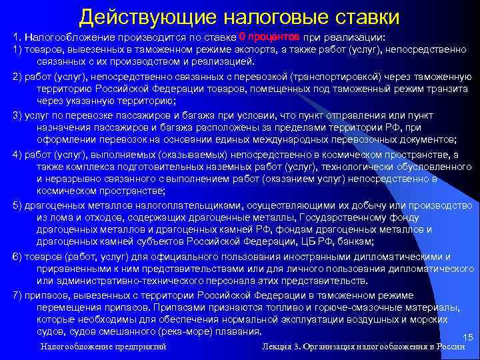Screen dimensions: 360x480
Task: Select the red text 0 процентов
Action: pyautogui.click(x=269, y=36)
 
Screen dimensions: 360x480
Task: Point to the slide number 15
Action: pyautogui.click(x=467, y=337)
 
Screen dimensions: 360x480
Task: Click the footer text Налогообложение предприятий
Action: pyautogui.click(x=103, y=347)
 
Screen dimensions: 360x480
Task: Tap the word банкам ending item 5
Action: pyautogui.click(x=356, y=242)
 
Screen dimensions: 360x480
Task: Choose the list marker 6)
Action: pyautogui.click(x=18, y=256)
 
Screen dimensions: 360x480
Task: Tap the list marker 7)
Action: pyautogui.click(x=18, y=295)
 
